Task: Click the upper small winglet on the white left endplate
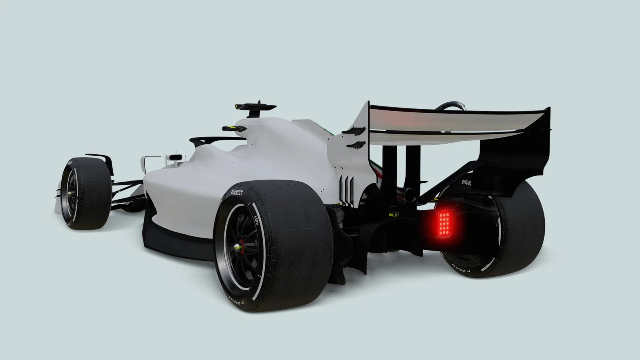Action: pyautogui.click(x=354, y=130)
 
